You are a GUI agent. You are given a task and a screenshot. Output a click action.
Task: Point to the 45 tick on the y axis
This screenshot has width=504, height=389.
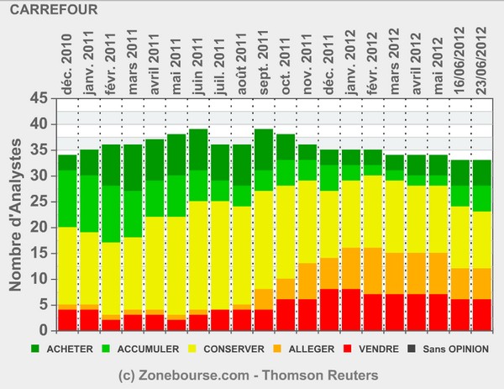click(x=39, y=98)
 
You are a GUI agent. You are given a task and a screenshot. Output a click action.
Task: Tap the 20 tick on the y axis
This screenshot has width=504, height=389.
click(x=39, y=228)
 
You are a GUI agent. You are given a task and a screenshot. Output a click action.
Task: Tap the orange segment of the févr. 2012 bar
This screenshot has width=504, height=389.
click(x=373, y=271)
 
